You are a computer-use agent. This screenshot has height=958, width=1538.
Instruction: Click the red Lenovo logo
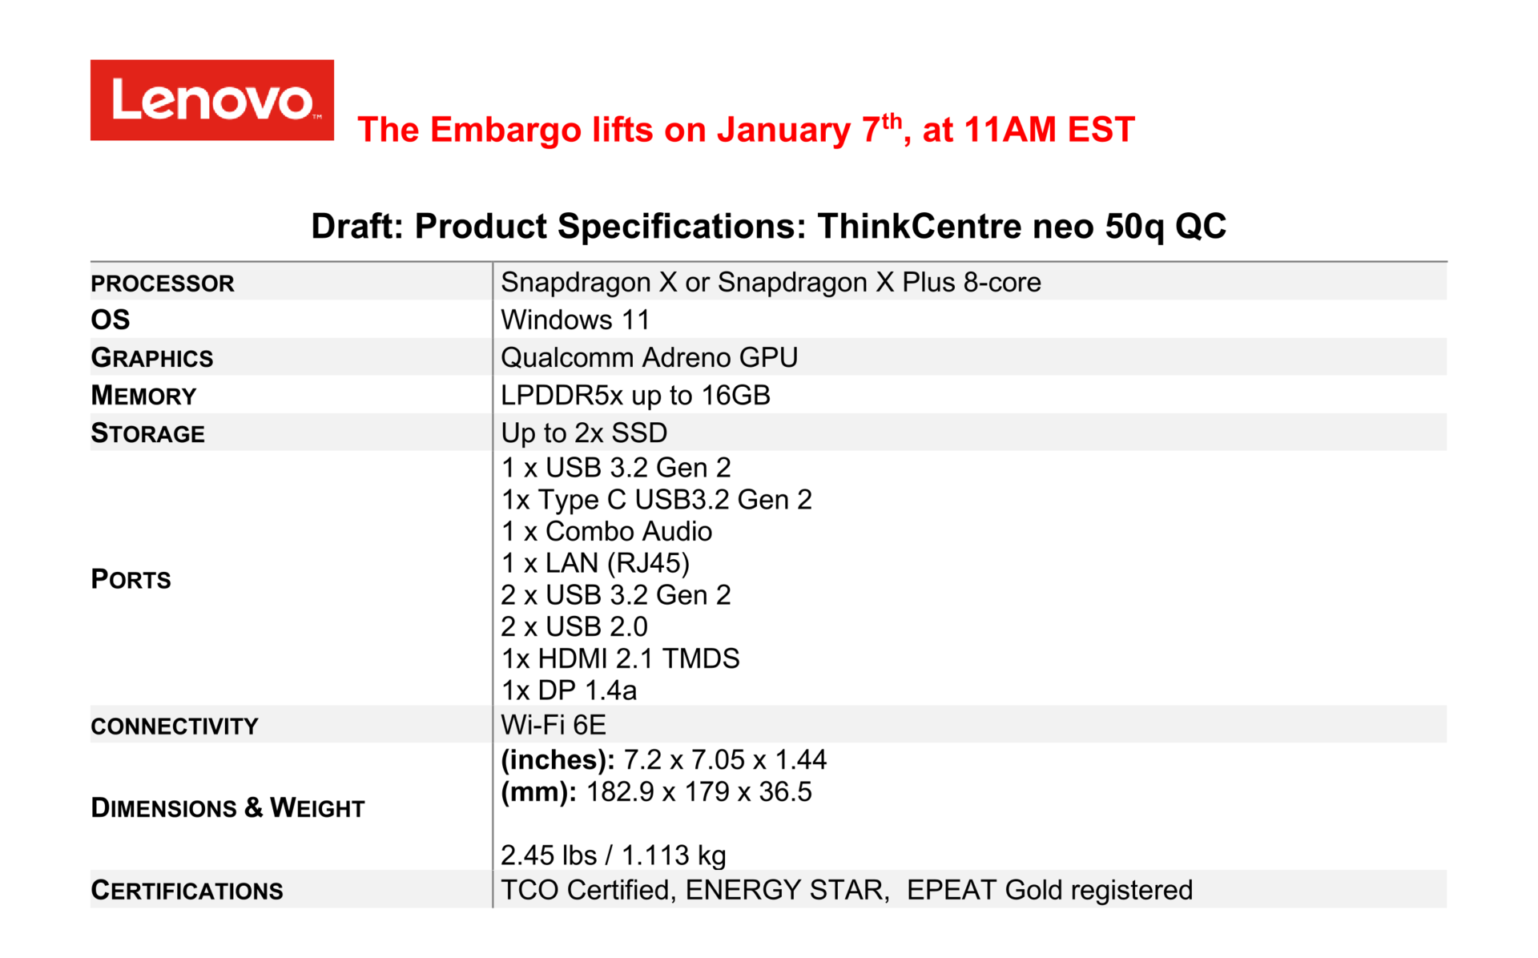212,100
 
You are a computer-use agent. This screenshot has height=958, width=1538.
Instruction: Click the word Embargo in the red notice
505,131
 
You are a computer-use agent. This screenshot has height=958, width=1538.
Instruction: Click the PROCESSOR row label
163,284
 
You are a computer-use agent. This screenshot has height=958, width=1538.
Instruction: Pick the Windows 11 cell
575,320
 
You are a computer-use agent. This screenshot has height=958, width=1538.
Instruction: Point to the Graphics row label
152,357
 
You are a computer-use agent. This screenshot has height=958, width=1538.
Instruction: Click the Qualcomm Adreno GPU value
650,357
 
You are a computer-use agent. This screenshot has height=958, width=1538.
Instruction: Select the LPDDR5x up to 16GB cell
636,395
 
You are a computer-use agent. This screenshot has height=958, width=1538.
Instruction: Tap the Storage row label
148,433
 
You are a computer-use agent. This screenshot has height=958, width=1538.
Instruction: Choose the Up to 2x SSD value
584,433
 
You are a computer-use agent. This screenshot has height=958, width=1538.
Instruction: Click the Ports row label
131,578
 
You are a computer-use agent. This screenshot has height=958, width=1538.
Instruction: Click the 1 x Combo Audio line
606,531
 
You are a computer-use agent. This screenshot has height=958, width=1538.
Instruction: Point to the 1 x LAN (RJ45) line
595,563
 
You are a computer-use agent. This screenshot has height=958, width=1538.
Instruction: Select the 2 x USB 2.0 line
574,626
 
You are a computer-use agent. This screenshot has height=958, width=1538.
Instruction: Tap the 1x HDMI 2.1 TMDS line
621,658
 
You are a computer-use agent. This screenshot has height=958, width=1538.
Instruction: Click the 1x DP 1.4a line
569,690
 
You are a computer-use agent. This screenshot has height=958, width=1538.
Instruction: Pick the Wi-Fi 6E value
554,725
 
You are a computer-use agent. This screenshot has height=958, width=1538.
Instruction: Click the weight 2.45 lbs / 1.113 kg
614,855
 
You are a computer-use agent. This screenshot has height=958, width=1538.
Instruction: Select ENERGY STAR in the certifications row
787,890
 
